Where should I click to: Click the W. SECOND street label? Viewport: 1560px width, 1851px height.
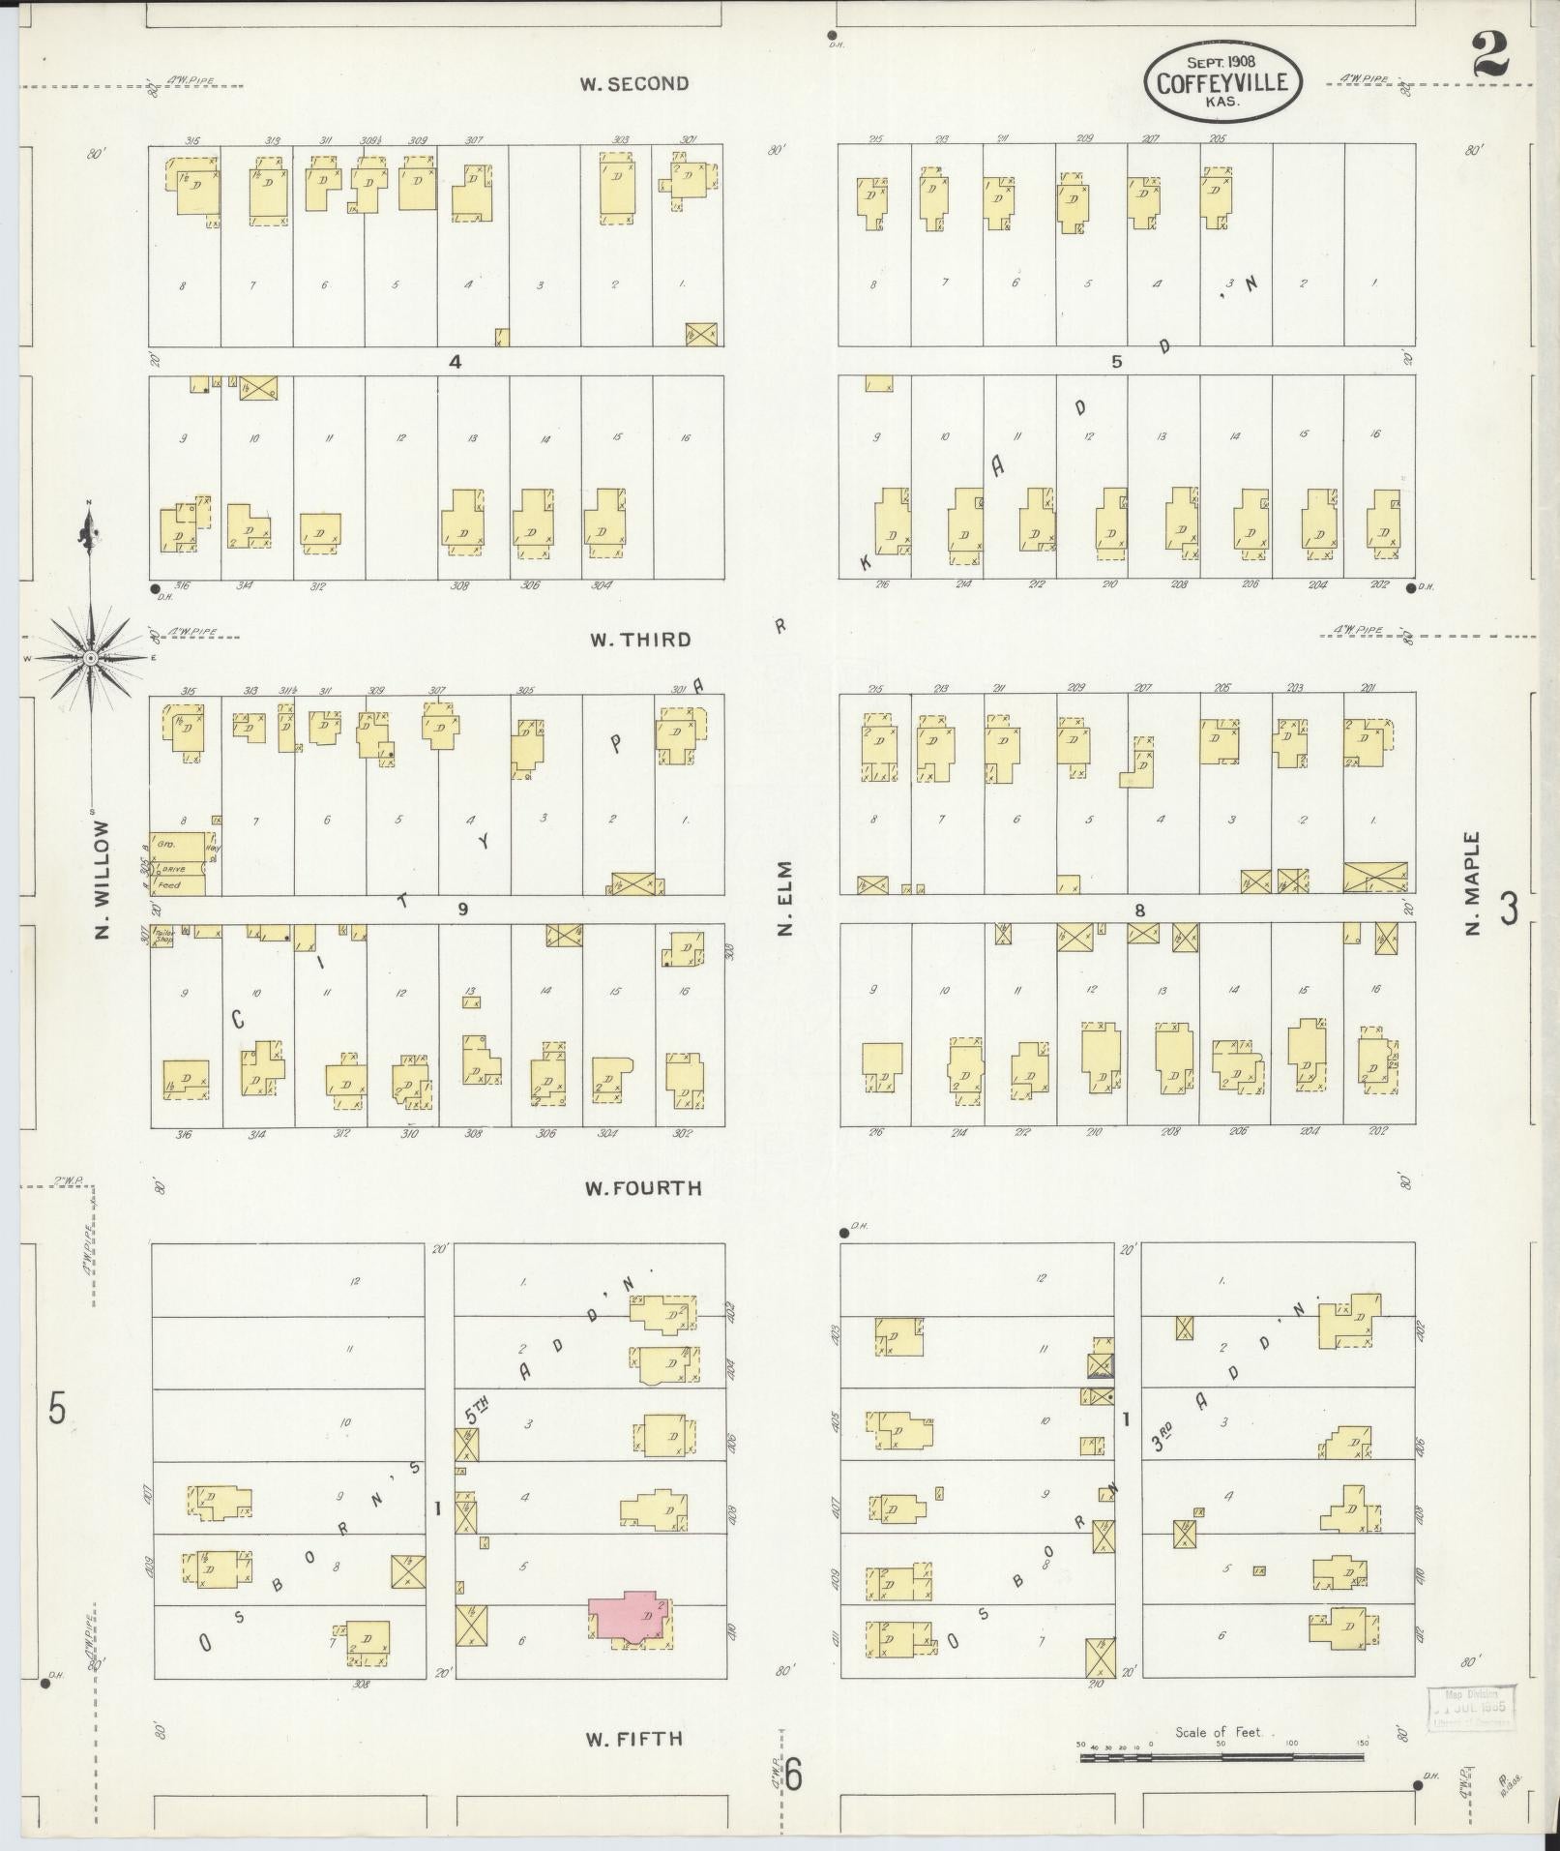634,84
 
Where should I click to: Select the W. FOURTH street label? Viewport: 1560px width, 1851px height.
642,1188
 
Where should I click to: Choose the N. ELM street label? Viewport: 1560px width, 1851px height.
784,898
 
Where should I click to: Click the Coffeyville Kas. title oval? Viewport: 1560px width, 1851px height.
1222,82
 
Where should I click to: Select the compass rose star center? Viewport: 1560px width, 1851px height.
89,658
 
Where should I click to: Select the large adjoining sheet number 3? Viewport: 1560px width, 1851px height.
1508,909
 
